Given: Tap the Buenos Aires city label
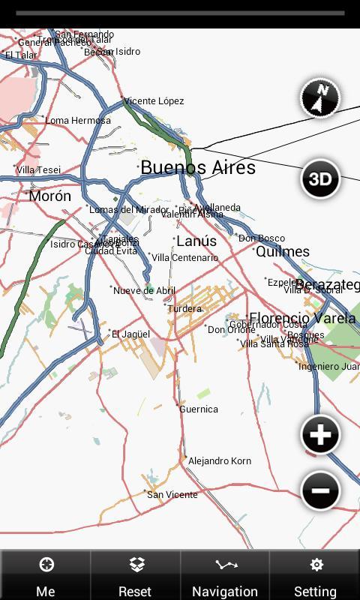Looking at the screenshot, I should coord(198,167).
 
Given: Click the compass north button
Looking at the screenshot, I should coord(320,98).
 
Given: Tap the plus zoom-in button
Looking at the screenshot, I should coord(320,435).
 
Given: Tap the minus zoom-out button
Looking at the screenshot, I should coord(320,491).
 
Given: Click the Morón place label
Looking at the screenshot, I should coord(50,196).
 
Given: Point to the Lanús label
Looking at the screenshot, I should coord(196,241).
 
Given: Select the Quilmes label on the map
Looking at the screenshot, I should coord(283,252).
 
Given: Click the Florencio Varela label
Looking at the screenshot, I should coord(302,318).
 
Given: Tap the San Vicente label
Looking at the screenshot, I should coord(172,495).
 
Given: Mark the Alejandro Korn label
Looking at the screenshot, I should coord(219,461).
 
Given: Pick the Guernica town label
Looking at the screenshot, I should coord(199,409).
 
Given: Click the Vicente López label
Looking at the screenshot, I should coord(154,101).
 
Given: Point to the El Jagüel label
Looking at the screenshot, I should coord(131,334).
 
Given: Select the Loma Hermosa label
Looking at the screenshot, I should coord(78,121).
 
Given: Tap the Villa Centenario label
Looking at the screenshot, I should coord(185,258).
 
